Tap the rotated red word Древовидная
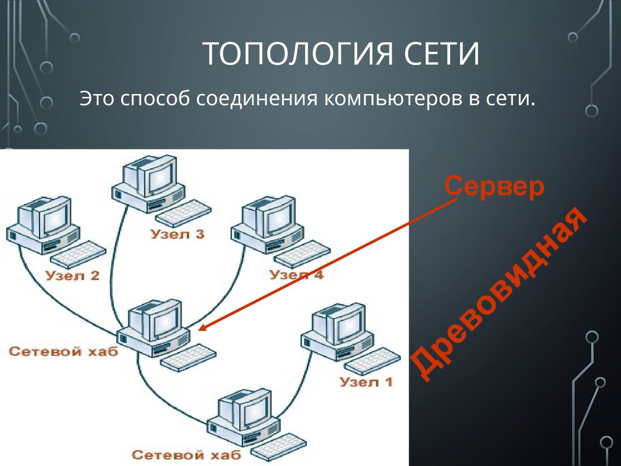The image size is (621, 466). coord(501,297)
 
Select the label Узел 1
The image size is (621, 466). coord(366,382)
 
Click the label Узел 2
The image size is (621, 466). coord(72,276)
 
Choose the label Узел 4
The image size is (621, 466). coord(297,274)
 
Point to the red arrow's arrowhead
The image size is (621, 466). coord(203,328)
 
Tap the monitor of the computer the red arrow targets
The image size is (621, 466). coord(160,320)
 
